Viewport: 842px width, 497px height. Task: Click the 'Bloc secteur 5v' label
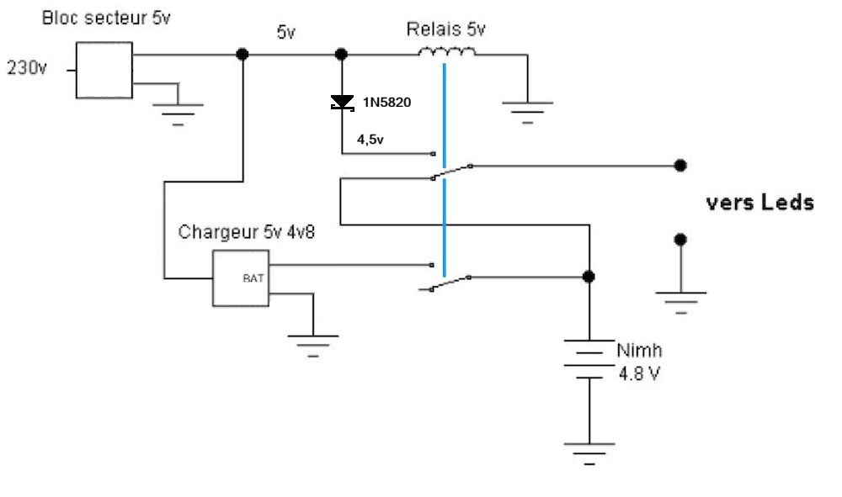point(106,19)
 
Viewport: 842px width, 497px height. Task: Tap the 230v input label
point(28,68)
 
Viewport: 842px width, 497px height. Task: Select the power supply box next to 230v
point(104,69)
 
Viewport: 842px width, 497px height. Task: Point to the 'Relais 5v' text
point(445,30)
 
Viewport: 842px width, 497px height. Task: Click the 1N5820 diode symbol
point(342,103)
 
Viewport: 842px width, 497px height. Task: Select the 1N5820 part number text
point(386,103)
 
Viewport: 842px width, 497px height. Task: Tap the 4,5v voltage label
point(370,140)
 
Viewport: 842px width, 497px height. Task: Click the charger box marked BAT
point(240,278)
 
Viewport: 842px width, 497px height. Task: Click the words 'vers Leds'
point(759,203)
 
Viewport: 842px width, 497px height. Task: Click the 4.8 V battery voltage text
point(639,373)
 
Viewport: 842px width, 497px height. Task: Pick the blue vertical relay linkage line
point(443,168)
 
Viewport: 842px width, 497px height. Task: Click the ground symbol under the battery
point(589,451)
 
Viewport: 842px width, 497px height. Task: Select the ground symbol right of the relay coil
point(527,109)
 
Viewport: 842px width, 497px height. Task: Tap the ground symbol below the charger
point(313,343)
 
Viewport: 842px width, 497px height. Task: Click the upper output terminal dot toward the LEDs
point(680,166)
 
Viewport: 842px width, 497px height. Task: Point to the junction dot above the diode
point(341,55)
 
